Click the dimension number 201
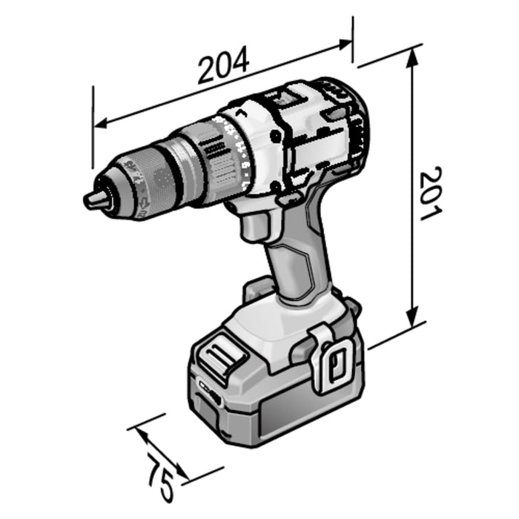[430, 194]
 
